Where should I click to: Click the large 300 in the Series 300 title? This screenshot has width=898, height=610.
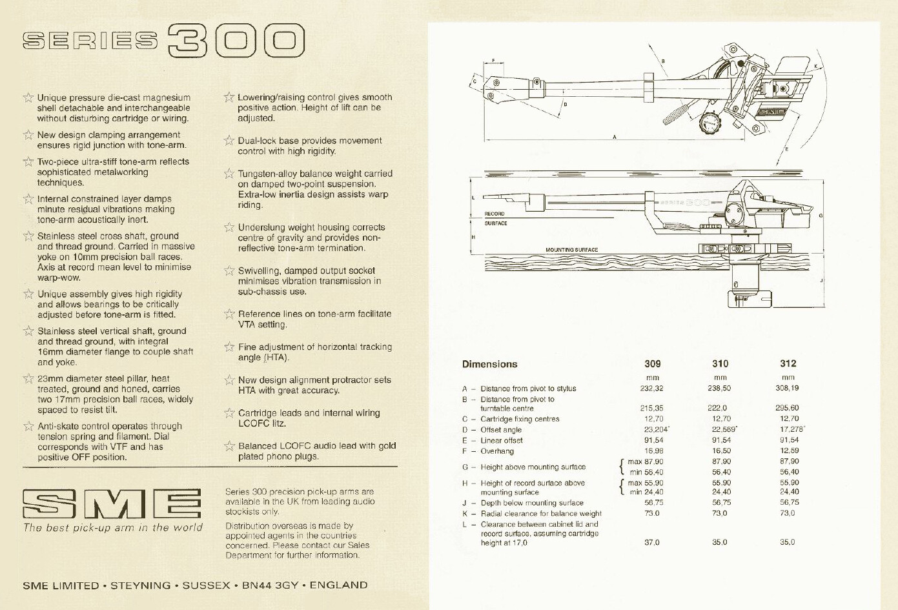pyautogui.click(x=236, y=41)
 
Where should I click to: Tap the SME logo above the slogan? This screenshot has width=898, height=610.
pyautogui.click(x=112, y=503)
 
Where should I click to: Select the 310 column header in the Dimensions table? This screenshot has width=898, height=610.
pyautogui.click(x=720, y=363)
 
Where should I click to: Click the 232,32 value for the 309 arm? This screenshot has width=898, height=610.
pyautogui.click(x=651, y=389)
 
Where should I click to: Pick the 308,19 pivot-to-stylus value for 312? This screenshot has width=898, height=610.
pyautogui.click(x=788, y=388)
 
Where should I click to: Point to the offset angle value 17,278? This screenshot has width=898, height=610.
pyautogui.click(x=791, y=429)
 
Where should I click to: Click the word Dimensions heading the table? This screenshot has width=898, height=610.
pyautogui.click(x=489, y=364)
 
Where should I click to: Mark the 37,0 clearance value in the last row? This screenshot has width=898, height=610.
pyautogui.click(x=651, y=542)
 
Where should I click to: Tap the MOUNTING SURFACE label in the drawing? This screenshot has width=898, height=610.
pyautogui.click(x=571, y=250)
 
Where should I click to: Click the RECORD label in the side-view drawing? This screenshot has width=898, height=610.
pyautogui.click(x=495, y=214)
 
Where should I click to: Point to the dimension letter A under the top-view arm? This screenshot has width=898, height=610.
pyautogui.click(x=615, y=137)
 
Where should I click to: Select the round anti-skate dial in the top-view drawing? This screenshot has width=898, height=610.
pyautogui.click(x=711, y=123)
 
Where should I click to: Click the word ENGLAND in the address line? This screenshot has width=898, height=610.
pyautogui.click(x=339, y=585)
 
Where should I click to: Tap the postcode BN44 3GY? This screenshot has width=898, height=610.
pyautogui.click(x=270, y=585)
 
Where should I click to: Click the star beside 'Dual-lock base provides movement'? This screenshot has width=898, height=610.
pyautogui.click(x=229, y=141)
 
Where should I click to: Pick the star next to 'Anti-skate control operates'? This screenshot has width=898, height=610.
pyautogui.click(x=28, y=426)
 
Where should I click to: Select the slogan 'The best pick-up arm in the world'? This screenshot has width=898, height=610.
pyautogui.click(x=112, y=528)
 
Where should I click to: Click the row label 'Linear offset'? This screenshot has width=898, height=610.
pyautogui.click(x=502, y=440)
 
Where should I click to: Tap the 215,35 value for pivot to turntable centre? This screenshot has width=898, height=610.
pyautogui.click(x=651, y=408)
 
